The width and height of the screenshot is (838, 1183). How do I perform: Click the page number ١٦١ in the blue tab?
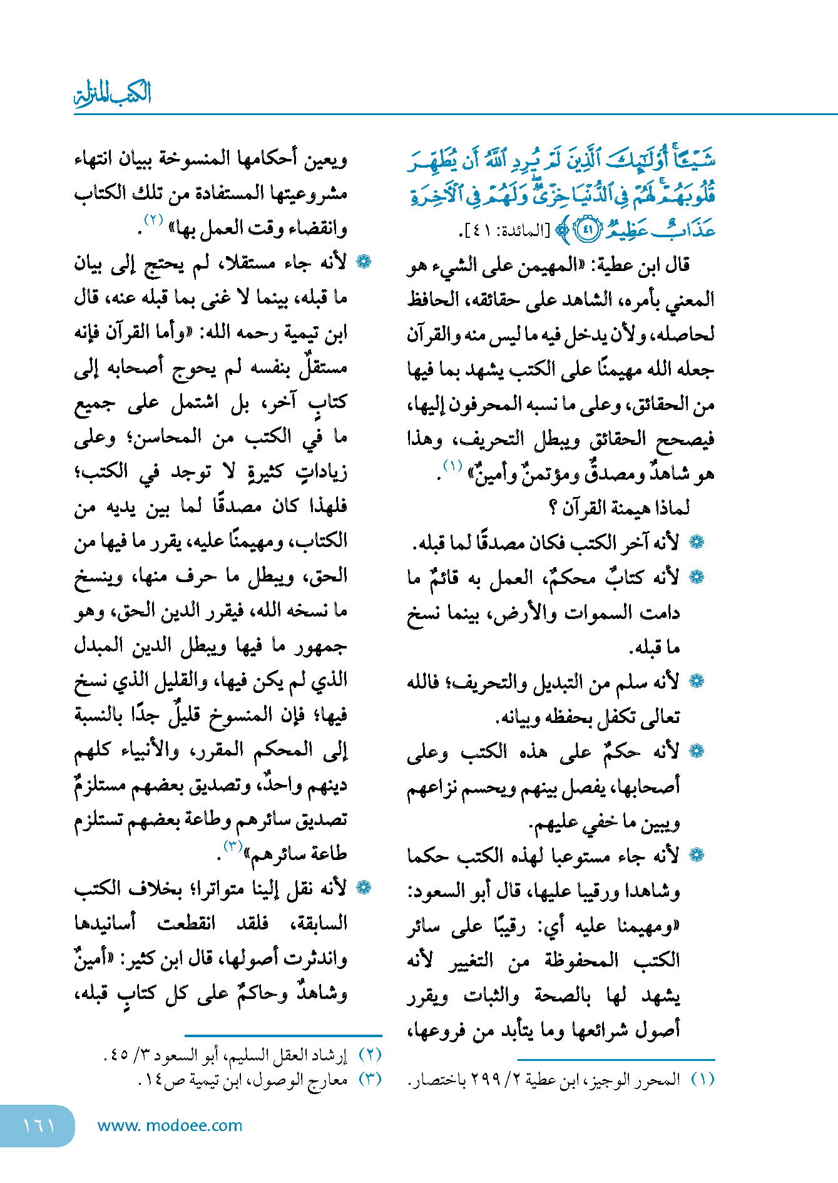39,1125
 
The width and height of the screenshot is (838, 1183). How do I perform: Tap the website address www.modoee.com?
170,1125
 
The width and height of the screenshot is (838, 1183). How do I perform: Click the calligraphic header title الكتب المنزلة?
113,94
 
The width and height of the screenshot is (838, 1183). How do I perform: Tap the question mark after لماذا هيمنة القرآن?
553,508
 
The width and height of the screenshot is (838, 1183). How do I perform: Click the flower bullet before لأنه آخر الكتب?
696,543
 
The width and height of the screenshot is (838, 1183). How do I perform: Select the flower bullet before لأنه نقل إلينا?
363,888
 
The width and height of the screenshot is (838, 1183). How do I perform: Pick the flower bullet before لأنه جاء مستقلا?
363,262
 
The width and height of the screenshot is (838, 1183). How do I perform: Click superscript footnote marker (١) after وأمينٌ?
452,466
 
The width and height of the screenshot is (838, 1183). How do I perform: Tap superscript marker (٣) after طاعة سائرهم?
233,848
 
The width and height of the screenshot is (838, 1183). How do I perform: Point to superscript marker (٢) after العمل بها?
153,220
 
